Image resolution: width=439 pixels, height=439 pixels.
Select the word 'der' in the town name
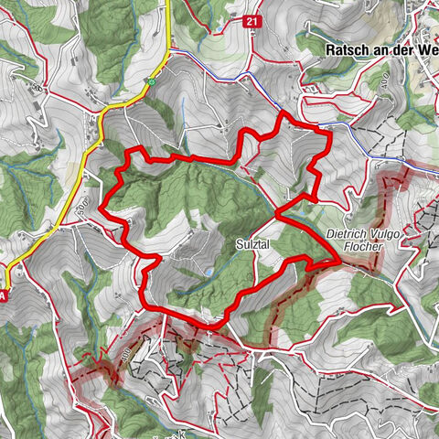403,51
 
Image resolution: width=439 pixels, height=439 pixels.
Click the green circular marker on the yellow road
151,82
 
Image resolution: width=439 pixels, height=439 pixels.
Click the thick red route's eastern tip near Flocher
340,262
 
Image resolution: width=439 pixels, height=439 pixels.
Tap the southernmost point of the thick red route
210,327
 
